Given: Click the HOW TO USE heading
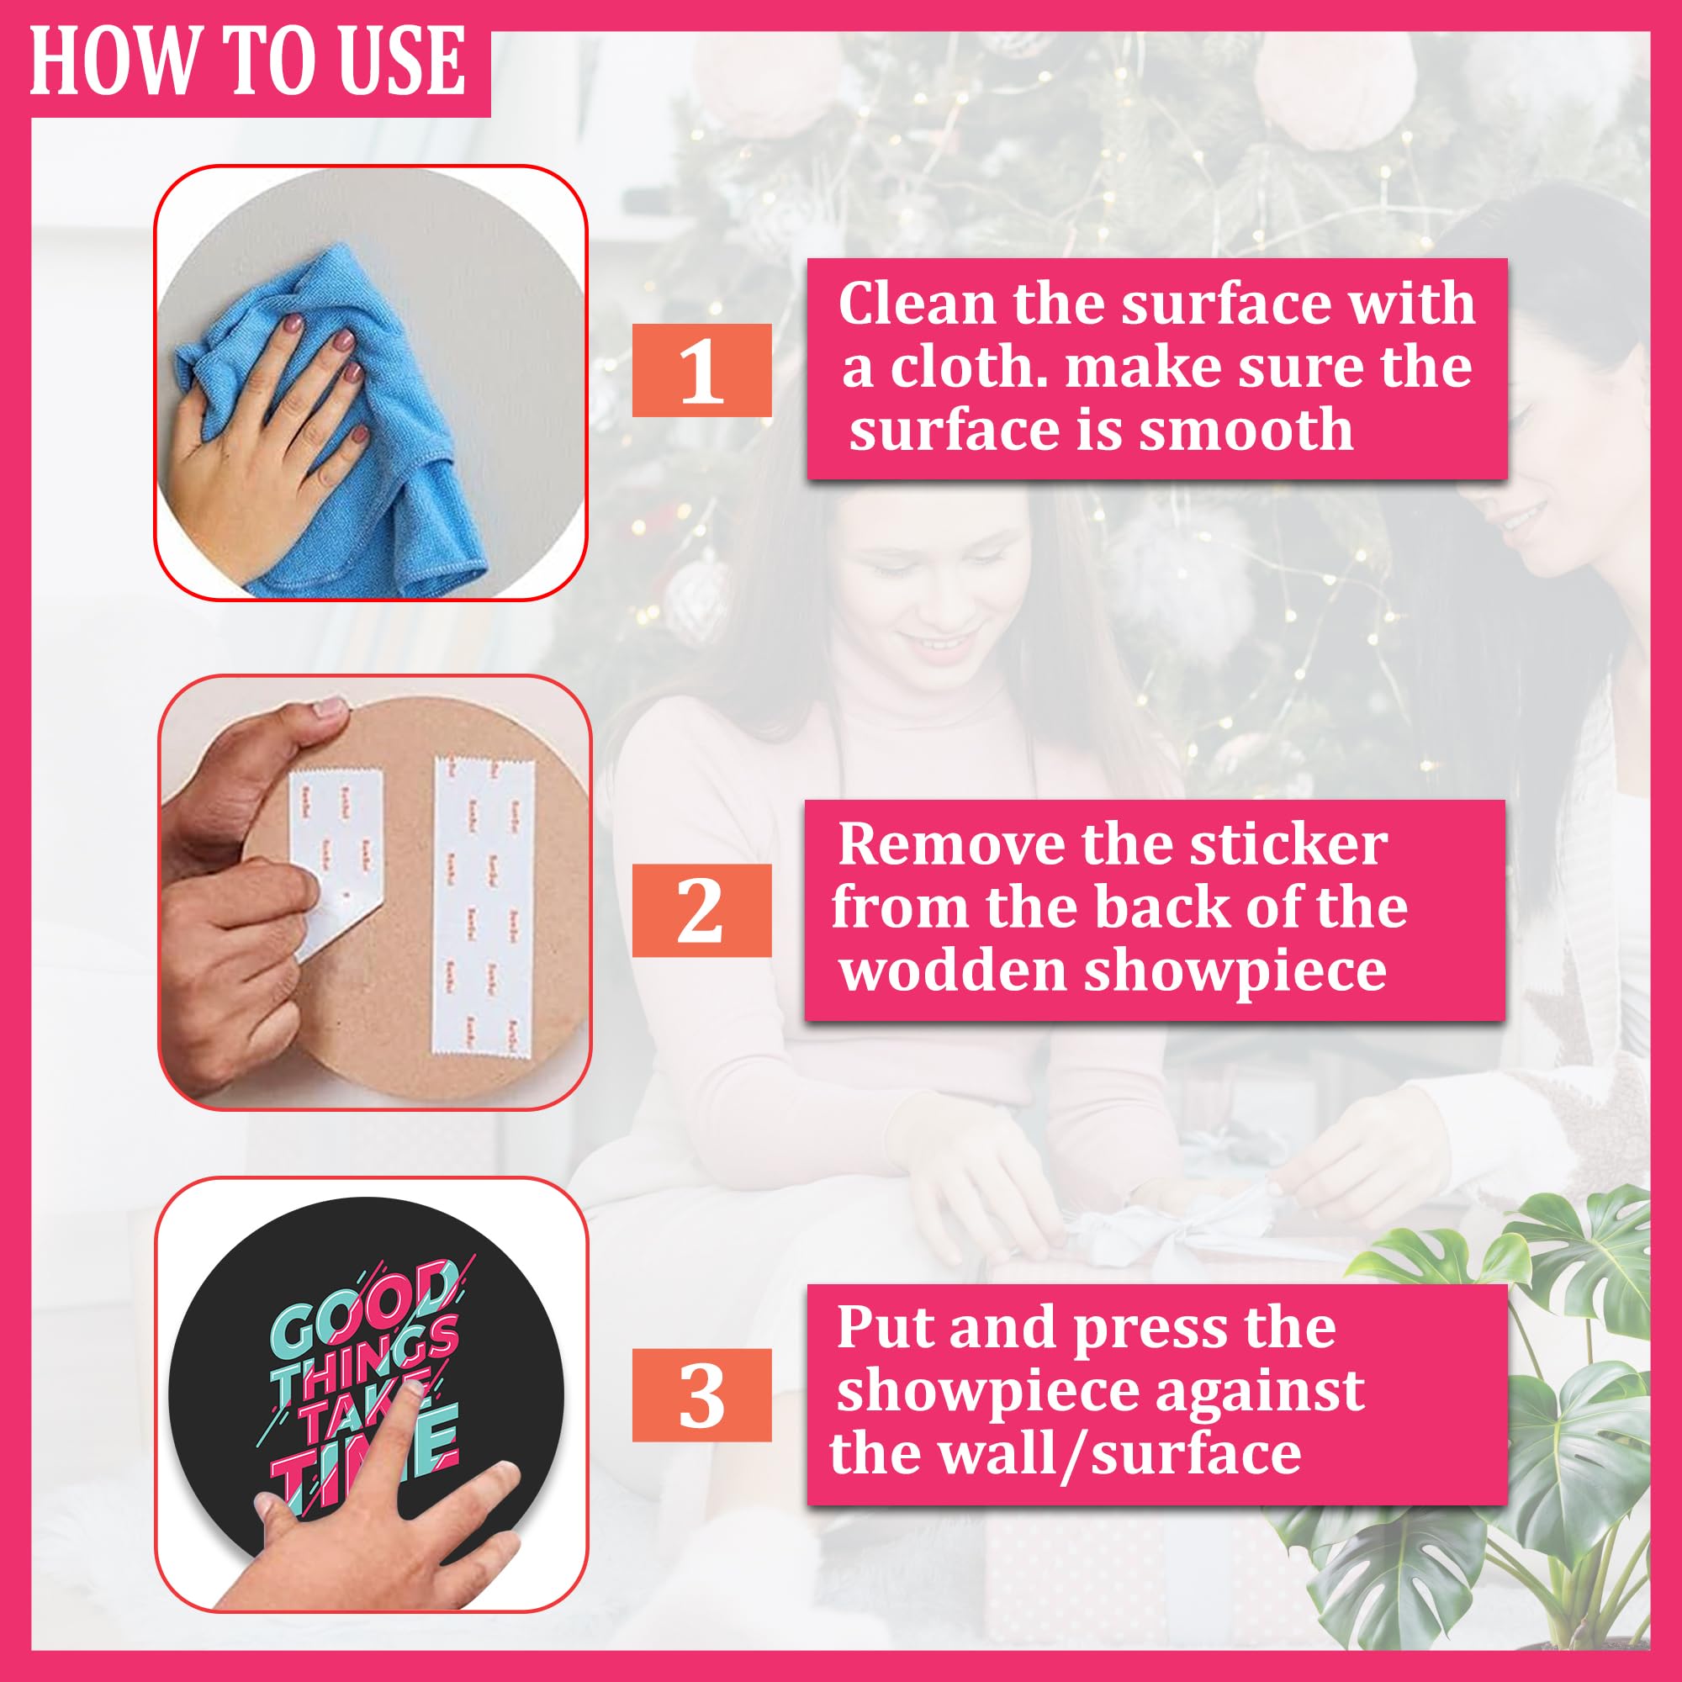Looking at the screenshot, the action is pos(248,61).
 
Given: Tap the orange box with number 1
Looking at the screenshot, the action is pos(701,370).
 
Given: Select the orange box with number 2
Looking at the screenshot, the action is pos(701,911).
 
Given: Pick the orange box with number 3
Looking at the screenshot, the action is pos(701,1394).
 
